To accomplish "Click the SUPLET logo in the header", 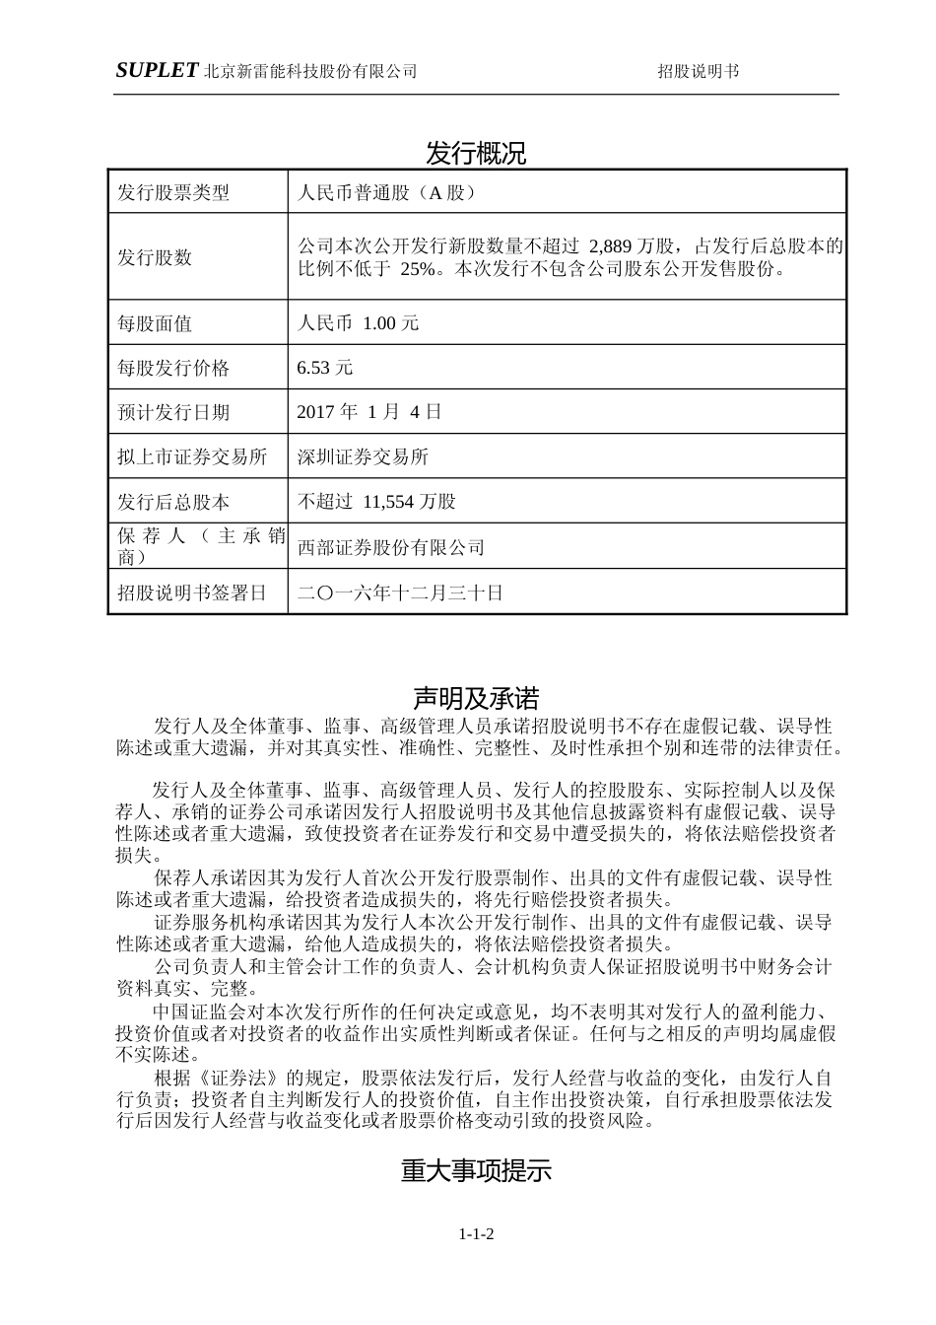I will pos(157,70).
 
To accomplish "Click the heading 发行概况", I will pos(476,153).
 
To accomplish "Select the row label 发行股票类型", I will pos(173,192).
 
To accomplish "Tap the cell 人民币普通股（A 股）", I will pos(386,192).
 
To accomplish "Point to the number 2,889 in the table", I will pos(612,245).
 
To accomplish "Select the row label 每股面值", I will pos(155,322).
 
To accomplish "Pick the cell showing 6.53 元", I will pos(324,368).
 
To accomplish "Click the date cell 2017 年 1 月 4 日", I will pos(368,412).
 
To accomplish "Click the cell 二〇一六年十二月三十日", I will pos(400,593).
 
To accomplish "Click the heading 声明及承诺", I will pos(476,699).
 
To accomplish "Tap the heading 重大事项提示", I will pos(476,1170).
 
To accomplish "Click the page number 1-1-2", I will pos(476,1233).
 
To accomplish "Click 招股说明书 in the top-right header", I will pos(699,71).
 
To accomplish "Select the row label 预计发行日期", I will pos(173,412).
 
